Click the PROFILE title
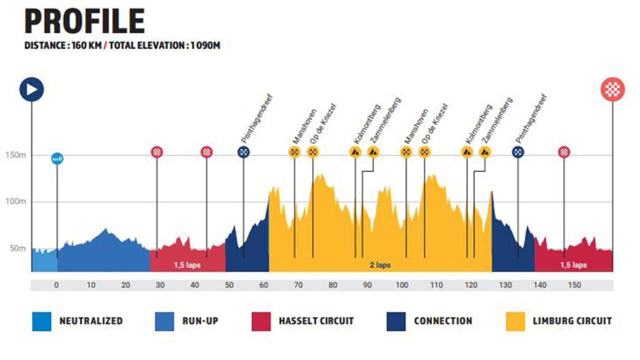coord(84,22)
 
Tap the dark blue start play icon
coord(31,90)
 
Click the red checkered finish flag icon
coord(612,90)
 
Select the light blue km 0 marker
coord(57,159)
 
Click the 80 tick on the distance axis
coord(332,285)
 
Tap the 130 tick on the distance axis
coord(505,285)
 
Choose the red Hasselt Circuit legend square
coord(260,321)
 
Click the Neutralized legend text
coord(91,321)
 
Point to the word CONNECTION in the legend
coord(443,321)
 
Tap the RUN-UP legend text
coord(200,321)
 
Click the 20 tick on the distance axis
coord(125,285)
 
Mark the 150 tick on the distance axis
coord(574,285)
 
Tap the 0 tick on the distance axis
coord(56,285)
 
